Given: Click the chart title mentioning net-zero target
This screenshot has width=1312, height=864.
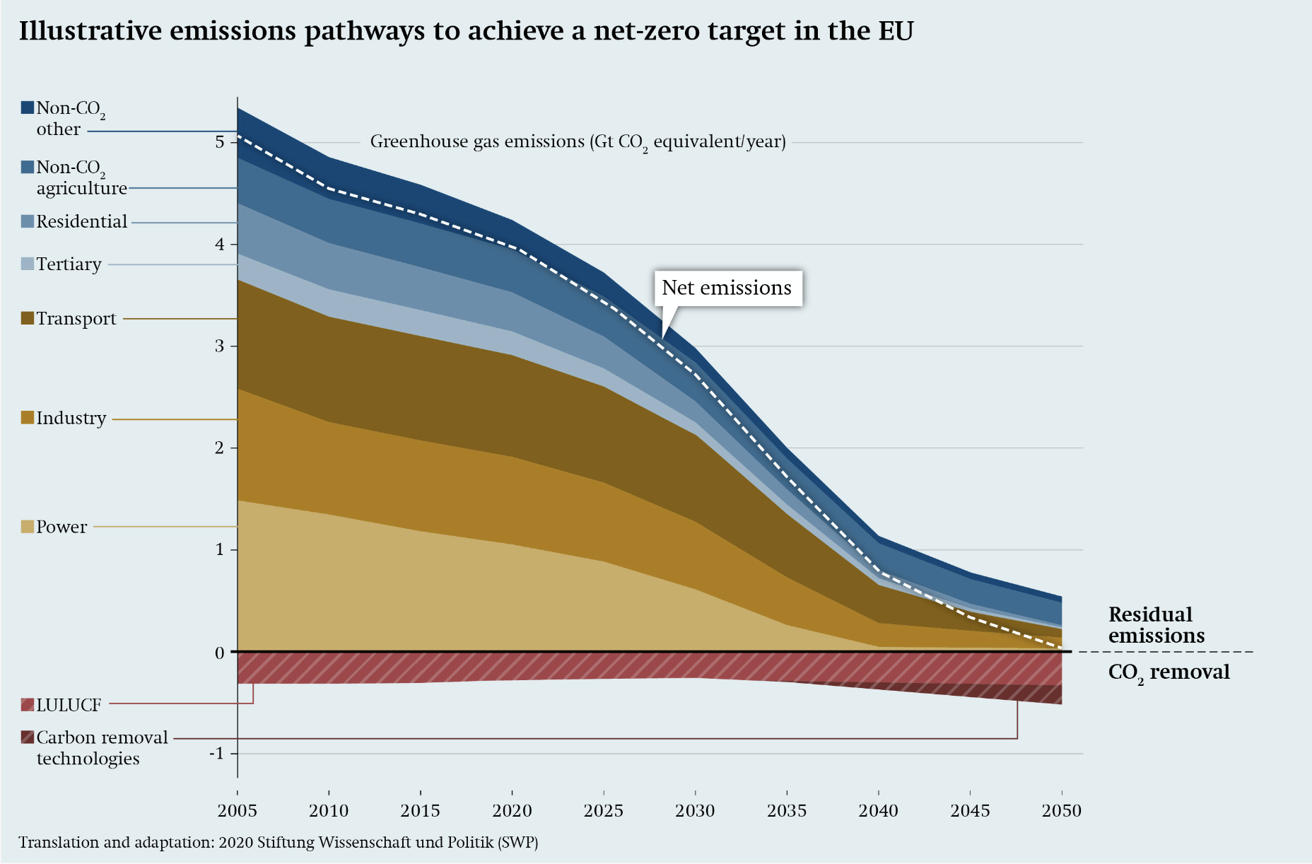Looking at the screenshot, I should pos(466,31).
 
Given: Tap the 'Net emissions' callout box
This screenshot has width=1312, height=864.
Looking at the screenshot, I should pos(727,288).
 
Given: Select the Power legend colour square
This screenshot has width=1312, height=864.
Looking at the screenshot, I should pos(28,527).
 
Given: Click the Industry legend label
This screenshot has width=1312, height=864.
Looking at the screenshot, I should pos(71,418).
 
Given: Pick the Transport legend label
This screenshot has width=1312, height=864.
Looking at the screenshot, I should pos(76,319).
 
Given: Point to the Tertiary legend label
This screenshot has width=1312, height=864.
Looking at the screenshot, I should pos(69,264).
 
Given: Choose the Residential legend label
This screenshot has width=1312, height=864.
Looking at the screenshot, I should pos(81,222).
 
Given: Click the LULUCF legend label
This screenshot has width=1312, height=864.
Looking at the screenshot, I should pos(69,705).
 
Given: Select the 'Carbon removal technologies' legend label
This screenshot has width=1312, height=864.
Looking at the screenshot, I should pos(101,747).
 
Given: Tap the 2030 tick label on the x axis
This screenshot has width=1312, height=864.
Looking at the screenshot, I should pos(695,811).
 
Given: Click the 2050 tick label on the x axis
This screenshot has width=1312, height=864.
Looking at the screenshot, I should pos(1061,811).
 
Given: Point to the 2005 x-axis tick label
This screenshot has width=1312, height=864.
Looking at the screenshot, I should pos(237,811).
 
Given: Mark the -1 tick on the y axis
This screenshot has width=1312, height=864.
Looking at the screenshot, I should pos(216,754).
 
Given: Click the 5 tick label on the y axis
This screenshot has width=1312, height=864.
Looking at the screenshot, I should pos(220,142).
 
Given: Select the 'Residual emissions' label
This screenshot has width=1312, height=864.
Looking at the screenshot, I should pos(1156,625).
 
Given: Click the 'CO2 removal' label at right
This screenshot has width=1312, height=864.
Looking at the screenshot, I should pos(1168,672).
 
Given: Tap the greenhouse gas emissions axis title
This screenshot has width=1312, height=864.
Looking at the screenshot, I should pos(578,142).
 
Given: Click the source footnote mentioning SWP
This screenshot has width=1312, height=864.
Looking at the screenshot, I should pos(278,843).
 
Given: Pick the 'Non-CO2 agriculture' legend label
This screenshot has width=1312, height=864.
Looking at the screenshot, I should pos(81,177).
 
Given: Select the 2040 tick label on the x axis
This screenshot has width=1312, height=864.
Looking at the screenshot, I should pos(878,811).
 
